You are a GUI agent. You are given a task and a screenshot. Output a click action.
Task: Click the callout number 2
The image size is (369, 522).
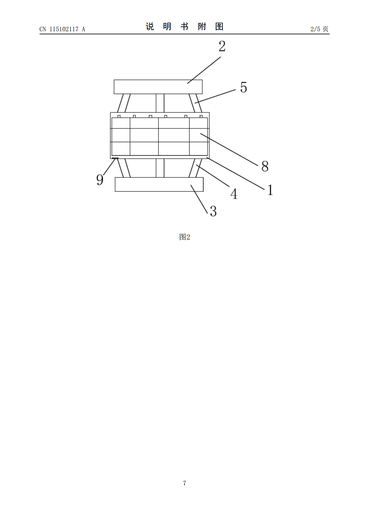(222, 46)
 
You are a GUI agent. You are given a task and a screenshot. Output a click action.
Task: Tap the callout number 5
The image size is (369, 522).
(244, 87)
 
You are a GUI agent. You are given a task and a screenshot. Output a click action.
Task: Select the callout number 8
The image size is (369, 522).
(265, 166)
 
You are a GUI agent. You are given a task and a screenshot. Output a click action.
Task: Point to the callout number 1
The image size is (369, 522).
(270, 190)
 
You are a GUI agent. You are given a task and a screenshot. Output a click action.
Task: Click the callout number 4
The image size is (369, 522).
(234, 194)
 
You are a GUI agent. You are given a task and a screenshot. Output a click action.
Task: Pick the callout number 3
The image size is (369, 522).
(213, 211)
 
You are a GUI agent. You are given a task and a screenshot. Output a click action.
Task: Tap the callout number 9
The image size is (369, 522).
(100, 180)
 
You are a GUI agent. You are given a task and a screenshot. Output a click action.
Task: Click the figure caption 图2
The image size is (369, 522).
(184, 237)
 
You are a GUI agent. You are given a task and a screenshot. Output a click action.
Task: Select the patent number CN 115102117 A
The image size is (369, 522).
(62, 29)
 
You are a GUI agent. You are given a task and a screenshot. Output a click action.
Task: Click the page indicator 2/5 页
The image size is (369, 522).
(319, 29)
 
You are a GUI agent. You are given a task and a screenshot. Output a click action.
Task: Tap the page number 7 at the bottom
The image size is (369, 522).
(184, 483)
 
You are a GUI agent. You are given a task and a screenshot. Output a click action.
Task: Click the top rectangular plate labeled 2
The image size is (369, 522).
(158, 87)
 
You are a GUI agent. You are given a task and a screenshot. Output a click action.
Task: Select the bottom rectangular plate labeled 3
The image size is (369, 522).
(159, 184)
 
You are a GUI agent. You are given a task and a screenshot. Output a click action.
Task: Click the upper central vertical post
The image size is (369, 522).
(160, 103)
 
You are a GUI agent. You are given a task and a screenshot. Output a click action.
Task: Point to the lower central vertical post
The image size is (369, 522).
(160, 168)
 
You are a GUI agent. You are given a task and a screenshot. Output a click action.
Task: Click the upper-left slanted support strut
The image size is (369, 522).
(124, 103)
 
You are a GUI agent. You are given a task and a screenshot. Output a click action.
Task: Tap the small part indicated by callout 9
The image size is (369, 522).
(115, 158)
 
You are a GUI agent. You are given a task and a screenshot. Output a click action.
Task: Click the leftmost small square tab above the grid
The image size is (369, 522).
(119, 116)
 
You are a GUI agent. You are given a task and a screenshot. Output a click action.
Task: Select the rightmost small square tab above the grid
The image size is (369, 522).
(201, 116)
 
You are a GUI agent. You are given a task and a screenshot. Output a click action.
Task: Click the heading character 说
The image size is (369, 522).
(150, 27)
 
